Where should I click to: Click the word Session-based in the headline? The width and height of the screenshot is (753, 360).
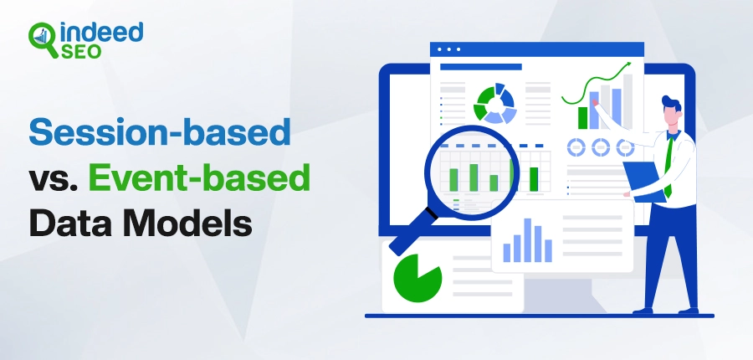click(x=160, y=131)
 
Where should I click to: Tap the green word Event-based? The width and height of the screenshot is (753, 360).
click(x=199, y=177)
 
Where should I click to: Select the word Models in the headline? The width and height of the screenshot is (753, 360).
click(x=187, y=223)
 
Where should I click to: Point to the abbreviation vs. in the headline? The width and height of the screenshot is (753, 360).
click(x=53, y=180)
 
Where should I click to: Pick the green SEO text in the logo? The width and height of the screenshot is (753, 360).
click(x=81, y=51)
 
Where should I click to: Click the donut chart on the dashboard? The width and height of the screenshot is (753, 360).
click(x=495, y=103)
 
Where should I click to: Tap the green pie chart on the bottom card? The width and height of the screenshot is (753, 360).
click(x=417, y=279)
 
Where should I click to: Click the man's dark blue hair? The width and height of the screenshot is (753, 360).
click(x=671, y=103)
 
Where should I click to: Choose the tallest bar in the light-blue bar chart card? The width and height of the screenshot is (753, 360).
click(x=527, y=240)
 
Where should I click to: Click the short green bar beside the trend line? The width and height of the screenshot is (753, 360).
click(x=582, y=118)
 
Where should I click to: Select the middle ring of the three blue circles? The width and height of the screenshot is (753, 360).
click(x=600, y=147)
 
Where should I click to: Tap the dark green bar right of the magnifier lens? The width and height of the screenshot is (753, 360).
click(x=534, y=179)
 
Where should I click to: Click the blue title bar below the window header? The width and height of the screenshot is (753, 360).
click(x=481, y=67)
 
